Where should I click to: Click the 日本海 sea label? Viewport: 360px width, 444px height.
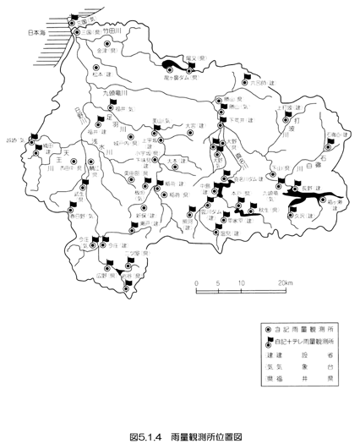pos(16,33)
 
